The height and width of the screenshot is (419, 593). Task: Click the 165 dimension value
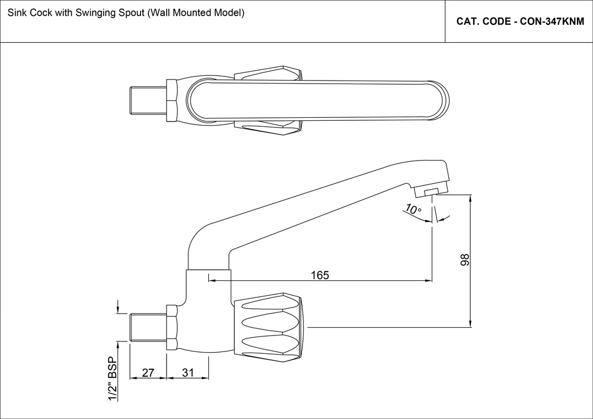pyautogui.click(x=319, y=275)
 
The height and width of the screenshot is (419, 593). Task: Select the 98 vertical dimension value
pyautogui.click(x=465, y=260)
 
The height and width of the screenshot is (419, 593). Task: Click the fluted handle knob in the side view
pyautogui.click(x=270, y=327)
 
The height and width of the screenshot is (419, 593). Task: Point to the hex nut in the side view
pyautogui.click(x=172, y=327)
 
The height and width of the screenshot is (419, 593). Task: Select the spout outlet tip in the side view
pyautogui.click(x=431, y=191)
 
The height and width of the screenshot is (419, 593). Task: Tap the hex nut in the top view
pyautogui.click(x=171, y=99)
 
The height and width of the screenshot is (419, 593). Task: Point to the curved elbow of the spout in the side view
pyautogui.click(x=199, y=240)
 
